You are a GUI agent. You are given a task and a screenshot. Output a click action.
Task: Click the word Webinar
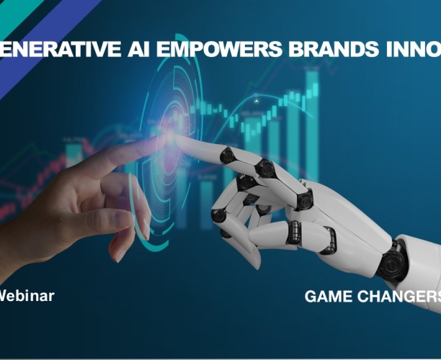coord(25,294)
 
